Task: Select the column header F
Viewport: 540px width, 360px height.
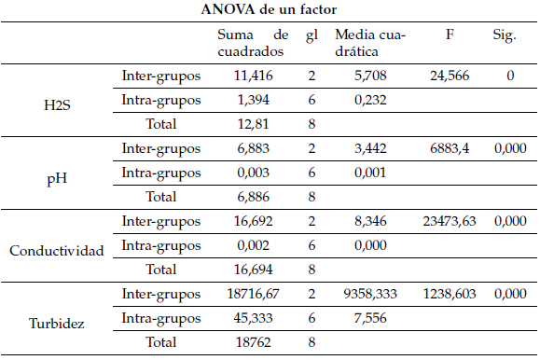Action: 450,35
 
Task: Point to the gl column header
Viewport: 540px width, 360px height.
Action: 312,35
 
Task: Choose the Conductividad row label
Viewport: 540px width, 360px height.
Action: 55,248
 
